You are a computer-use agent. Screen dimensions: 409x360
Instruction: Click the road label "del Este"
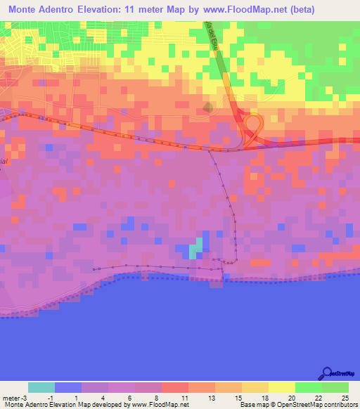coord(212,31)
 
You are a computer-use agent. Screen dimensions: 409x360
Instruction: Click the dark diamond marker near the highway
coord(207,107)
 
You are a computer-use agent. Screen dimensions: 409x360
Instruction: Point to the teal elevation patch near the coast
coord(197,249)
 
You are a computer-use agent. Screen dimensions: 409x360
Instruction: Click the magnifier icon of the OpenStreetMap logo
coord(326,373)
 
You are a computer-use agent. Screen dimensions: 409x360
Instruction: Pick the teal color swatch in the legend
coord(41,387)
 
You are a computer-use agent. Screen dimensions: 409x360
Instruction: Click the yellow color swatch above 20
coord(281,387)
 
